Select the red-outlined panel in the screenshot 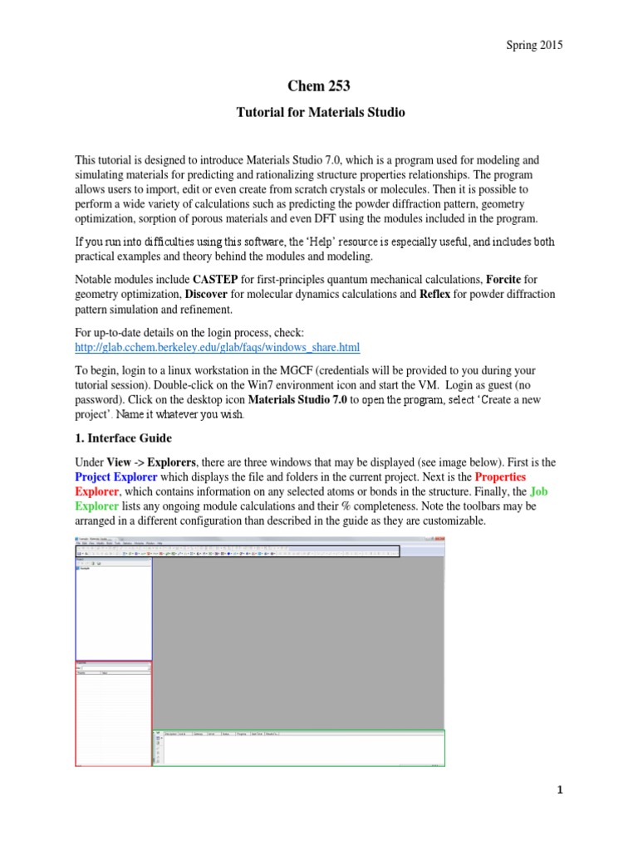(114, 714)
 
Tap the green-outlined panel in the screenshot (299, 748)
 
